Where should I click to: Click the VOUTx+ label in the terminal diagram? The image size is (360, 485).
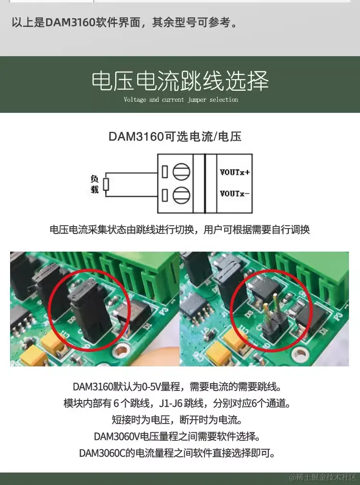[234, 172]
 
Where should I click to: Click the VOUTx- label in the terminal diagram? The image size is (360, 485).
[234, 194]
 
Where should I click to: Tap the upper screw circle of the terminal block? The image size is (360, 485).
[181, 171]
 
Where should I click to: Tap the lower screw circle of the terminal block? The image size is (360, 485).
[181, 195]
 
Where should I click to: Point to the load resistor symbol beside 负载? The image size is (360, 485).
[106, 184]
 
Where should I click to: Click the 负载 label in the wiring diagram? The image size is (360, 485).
[95, 184]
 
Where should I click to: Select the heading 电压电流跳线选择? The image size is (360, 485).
[180, 81]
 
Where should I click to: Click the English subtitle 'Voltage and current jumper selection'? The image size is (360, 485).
[181, 99]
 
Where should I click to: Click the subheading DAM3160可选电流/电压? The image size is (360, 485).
[175, 136]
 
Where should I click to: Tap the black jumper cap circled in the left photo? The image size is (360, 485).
[90, 313]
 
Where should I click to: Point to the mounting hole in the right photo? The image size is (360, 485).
[299, 353]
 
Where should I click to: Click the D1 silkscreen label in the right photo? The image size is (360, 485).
[323, 331]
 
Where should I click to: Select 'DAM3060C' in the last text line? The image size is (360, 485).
[102, 453]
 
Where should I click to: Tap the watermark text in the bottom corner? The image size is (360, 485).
[323, 477]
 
